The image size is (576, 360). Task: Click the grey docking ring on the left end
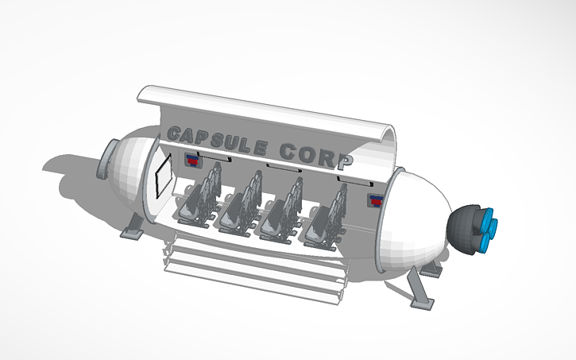tap(106, 160)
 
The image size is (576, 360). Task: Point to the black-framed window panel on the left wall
tap(164, 177)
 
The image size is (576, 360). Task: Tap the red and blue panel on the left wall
tap(193, 161)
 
